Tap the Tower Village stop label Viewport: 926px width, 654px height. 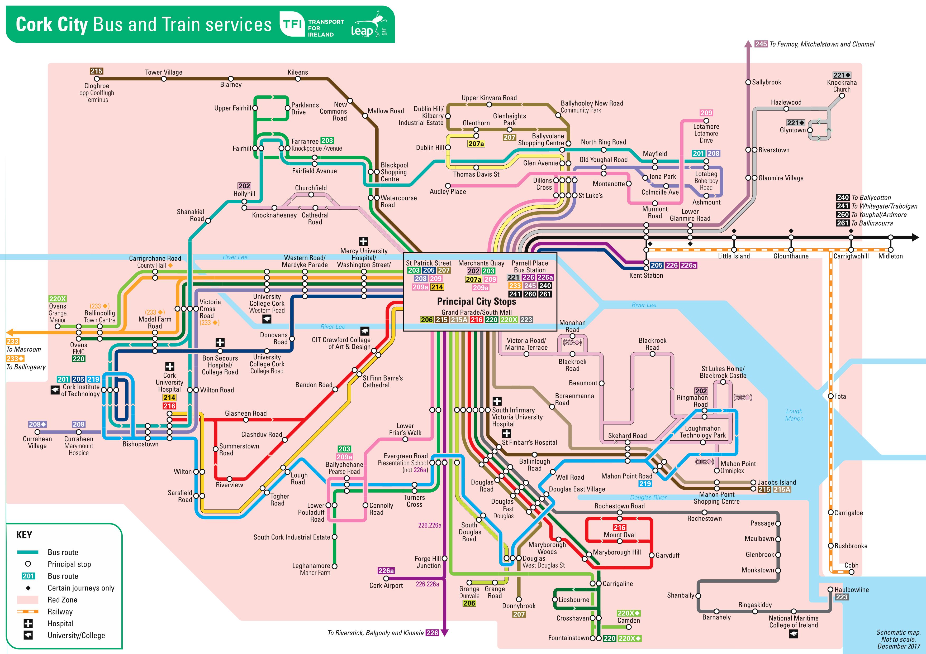164,72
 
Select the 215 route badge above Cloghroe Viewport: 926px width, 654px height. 96,71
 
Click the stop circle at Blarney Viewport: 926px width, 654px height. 231,79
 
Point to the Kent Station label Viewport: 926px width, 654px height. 646,275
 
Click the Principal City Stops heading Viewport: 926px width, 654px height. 477,301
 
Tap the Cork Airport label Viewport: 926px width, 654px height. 386,585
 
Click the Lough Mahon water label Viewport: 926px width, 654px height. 794,415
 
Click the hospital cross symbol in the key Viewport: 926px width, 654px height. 28,623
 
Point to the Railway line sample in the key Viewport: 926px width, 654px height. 28,612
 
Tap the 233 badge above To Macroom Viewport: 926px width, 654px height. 12,341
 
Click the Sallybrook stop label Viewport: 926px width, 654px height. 766,82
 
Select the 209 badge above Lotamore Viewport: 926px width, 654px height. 706,113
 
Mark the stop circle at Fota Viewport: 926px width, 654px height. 830,396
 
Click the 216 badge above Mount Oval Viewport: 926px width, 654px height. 619,527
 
